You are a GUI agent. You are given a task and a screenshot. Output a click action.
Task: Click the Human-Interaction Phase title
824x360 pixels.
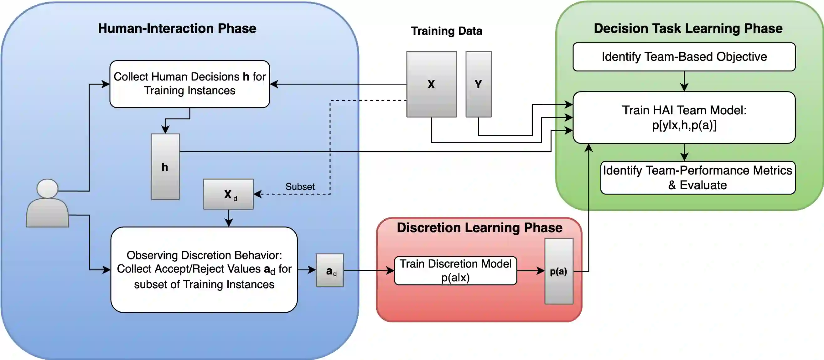pos(177,29)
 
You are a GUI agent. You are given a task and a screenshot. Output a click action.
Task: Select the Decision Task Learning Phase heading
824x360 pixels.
pos(688,29)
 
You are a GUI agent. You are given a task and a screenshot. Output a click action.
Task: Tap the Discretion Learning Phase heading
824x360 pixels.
pos(479,227)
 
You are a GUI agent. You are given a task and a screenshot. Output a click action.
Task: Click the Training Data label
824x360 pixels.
pos(446,31)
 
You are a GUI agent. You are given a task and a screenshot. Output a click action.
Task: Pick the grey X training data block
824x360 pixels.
pos(431,84)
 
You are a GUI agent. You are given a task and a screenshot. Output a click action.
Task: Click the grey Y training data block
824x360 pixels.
pos(478,84)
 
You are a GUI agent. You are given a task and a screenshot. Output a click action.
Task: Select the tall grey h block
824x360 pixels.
pos(165,167)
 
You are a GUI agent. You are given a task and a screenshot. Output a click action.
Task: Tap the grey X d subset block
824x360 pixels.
pos(228,194)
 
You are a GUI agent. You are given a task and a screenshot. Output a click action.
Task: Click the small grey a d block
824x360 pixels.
pos(329,270)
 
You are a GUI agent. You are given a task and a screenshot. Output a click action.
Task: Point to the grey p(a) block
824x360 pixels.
pos(558,271)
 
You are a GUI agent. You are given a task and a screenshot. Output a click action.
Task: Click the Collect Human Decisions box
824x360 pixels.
pos(190,84)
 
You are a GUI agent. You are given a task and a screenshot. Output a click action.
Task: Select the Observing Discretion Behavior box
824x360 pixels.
pos(204,269)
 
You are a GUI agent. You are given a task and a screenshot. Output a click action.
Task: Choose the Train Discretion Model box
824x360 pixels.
pos(455,270)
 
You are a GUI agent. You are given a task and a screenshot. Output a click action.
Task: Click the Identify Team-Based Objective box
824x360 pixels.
pos(684,57)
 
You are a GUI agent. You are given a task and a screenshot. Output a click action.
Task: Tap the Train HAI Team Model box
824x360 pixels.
pos(684,117)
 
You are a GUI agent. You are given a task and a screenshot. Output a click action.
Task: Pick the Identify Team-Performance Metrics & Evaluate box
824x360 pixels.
pos(698,178)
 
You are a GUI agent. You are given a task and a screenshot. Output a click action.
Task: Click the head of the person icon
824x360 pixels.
pos(47,188)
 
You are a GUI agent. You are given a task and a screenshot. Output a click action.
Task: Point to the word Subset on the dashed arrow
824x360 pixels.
pos(300,186)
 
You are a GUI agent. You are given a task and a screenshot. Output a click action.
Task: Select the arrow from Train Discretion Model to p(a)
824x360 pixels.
pos(530,271)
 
